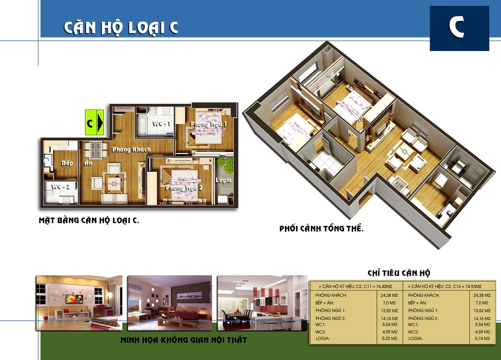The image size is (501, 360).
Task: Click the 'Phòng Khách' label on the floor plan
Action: (x=131, y=150)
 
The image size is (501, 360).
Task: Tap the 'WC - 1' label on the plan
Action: (x=161, y=124)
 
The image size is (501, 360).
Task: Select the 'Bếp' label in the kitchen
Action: (x=67, y=163)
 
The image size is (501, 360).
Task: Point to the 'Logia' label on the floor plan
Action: (x=223, y=180)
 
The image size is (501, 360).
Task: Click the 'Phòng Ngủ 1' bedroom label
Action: (x=208, y=124)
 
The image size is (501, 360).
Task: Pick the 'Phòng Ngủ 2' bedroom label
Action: (x=184, y=188)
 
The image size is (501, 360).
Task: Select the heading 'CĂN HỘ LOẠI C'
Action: (x=121, y=28)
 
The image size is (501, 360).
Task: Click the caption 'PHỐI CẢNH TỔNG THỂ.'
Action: (x=321, y=228)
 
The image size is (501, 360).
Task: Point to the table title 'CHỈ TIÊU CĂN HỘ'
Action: (x=399, y=273)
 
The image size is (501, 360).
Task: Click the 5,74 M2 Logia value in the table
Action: (x=482, y=339)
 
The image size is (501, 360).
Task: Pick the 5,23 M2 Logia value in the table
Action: (x=390, y=339)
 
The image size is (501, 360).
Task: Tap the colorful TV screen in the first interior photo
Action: (x=74, y=299)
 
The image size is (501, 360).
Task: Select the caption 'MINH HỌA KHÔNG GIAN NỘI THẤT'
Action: (x=184, y=340)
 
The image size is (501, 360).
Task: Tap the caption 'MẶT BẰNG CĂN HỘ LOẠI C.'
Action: (x=89, y=221)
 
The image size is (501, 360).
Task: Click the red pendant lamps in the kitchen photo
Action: (x=266, y=292)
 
